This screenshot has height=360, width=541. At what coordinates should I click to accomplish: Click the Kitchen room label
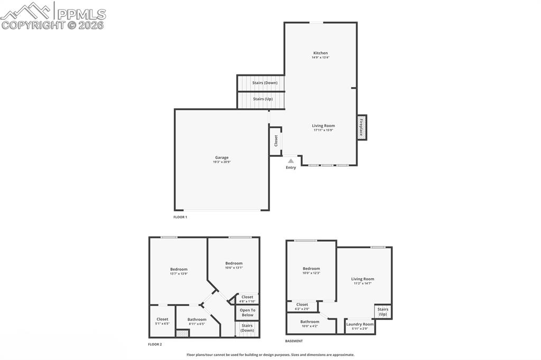(x=320, y=53)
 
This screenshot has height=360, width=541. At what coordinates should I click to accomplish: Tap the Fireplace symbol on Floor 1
(x=361, y=127)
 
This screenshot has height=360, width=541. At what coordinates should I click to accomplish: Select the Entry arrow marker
(x=291, y=161)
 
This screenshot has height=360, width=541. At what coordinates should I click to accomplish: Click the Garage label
(x=221, y=157)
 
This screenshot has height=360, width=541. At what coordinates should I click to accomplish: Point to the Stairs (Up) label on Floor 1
(x=263, y=99)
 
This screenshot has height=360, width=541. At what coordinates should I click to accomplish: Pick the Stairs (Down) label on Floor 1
(x=265, y=83)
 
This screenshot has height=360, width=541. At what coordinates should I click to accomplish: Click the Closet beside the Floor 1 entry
(x=275, y=141)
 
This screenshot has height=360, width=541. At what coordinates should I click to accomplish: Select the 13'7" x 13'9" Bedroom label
(x=179, y=269)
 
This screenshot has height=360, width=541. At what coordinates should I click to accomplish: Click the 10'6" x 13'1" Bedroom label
(x=234, y=263)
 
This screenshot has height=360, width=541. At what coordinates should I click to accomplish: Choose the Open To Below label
(x=247, y=312)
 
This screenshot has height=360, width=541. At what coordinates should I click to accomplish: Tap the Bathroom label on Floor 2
(x=197, y=319)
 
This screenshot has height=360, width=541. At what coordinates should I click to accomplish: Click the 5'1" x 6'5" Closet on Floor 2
(x=162, y=319)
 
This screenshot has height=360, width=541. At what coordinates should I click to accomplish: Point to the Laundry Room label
(x=360, y=324)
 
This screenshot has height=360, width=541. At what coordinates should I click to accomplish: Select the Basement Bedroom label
(x=311, y=269)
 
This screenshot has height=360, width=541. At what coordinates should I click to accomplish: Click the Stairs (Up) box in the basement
(x=383, y=311)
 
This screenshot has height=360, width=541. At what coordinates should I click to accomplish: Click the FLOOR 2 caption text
(x=155, y=344)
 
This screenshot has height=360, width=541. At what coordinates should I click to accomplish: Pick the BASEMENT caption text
(x=294, y=341)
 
